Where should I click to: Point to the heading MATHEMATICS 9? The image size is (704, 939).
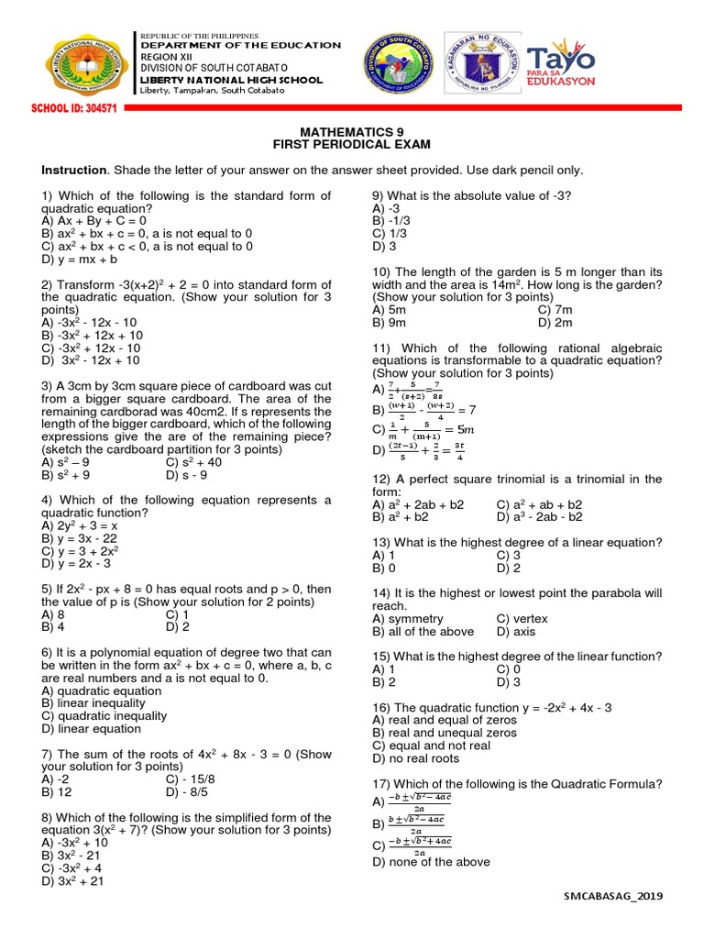click(352, 132)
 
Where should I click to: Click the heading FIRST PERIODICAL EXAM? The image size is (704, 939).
click(352, 145)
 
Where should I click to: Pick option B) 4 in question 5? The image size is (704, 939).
click(52, 628)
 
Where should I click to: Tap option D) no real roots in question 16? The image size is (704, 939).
click(415, 759)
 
